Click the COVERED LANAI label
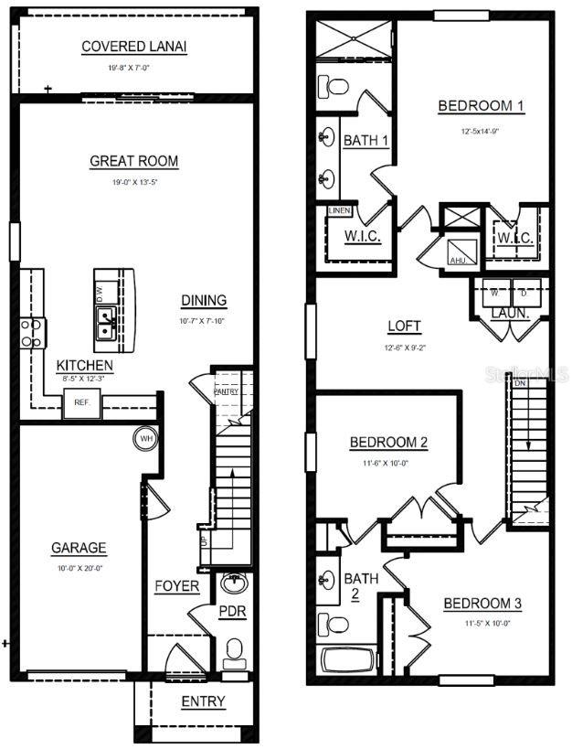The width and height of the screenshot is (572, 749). (134, 47)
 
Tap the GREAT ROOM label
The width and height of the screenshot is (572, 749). (133, 162)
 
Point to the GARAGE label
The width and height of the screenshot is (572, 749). (79, 549)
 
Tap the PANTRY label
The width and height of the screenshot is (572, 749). (226, 391)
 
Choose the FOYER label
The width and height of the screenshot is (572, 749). (176, 586)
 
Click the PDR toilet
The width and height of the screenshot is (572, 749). (235, 650)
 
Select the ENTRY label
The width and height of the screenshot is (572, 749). (203, 701)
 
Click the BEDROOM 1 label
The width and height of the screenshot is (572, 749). (481, 107)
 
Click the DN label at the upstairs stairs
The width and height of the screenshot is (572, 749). (520, 384)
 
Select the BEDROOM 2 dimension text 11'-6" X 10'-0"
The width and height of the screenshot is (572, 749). (388, 463)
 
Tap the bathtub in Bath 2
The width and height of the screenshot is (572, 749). (347, 660)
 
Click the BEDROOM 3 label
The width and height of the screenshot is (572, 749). (482, 604)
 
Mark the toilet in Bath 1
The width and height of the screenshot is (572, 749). (334, 87)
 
